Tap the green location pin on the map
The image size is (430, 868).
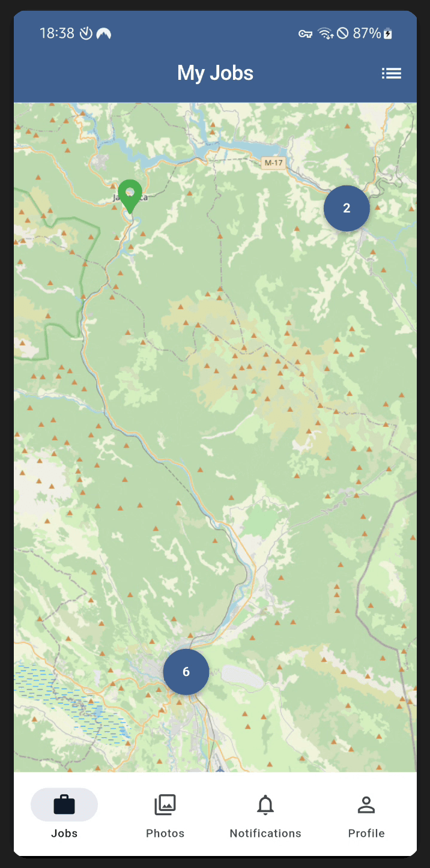coord(130,194)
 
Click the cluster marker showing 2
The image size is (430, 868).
coord(347,208)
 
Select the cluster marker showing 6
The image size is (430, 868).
coord(186,672)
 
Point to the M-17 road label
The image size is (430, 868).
coord(273,163)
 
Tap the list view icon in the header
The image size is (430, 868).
coord(392,73)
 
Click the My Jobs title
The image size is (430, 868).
coord(215,73)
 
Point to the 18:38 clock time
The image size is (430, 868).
coord(57,34)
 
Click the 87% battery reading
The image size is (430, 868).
coord(366,34)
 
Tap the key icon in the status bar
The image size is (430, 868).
coord(305,34)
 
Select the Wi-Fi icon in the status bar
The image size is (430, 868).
coord(326,34)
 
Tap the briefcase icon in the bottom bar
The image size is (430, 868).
coord(64,805)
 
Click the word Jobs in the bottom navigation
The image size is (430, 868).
coord(64,833)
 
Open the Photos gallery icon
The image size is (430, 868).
coord(165,805)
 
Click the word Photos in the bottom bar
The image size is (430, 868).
coord(165,833)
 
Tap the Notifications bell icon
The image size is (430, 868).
coord(265,805)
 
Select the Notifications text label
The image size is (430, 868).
coord(265,833)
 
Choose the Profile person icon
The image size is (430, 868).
coord(366,805)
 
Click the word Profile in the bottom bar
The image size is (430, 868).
coord(366,833)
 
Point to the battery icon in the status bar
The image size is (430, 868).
coord(389,34)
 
